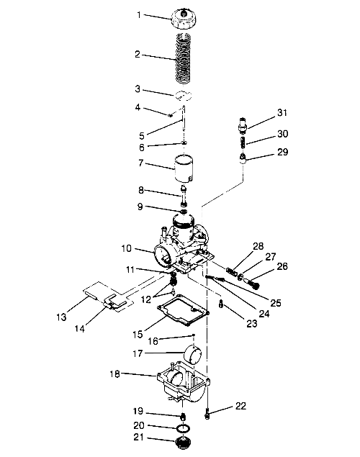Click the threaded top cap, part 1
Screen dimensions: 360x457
pyautogui.click(x=184, y=19)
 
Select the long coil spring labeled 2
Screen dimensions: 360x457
pyautogui.click(x=184, y=58)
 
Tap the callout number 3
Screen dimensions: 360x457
pyautogui.click(x=138, y=89)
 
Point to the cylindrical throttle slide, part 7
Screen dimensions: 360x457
pyautogui.click(x=184, y=168)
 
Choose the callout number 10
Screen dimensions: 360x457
pyautogui.click(x=127, y=248)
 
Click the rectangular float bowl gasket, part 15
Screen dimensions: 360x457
pyautogui.click(x=183, y=310)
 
